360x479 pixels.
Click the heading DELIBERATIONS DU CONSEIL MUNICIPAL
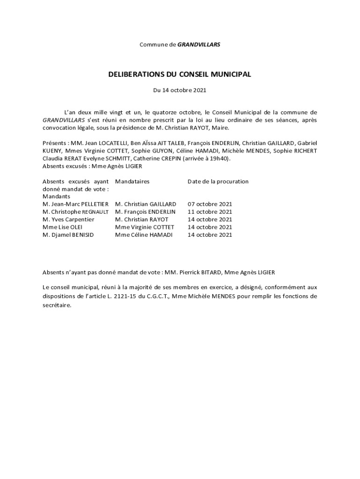click(x=180, y=74)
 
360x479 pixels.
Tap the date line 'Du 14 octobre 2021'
click(x=180, y=90)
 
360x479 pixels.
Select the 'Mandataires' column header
click(x=132, y=181)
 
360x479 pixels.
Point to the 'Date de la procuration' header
click(x=218, y=181)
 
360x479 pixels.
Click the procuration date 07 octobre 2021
click(x=210, y=204)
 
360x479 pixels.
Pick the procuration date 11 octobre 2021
click(x=210, y=212)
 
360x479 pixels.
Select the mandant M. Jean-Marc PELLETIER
click(x=75, y=204)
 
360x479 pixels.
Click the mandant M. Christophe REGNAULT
click(x=75, y=212)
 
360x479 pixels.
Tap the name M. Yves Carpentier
click(x=68, y=219)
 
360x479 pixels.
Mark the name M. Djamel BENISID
click(x=68, y=235)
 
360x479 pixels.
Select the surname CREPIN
click(x=169, y=159)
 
